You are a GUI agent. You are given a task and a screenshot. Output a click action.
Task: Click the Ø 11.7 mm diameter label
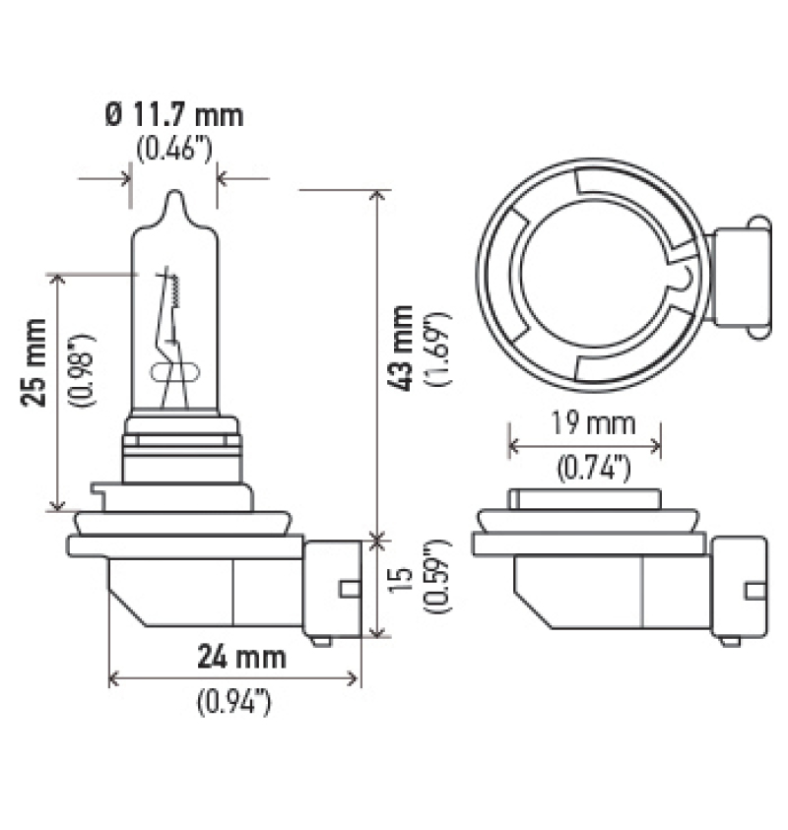coord(173,114)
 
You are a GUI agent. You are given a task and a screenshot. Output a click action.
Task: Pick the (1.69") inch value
coord(435,351)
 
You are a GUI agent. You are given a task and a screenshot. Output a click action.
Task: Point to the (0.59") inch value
coord(435,588)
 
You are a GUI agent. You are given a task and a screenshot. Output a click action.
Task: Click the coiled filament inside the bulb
coord(175,287)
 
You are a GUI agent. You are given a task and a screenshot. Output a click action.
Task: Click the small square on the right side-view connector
coord(755,590)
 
